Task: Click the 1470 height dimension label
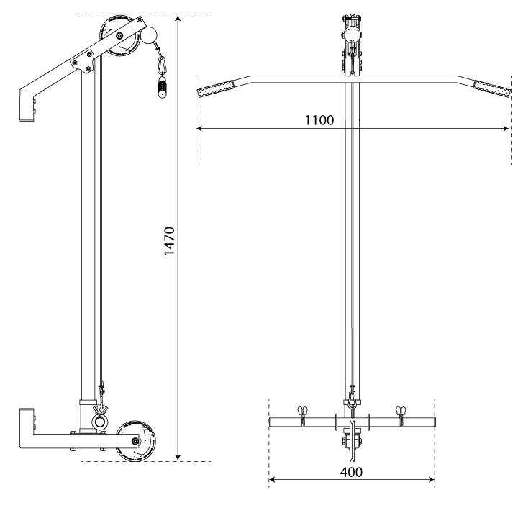click(169, 241)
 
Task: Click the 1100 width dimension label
click(319, 120)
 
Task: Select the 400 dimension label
click(351, 472)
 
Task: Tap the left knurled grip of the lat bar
click(215, 89)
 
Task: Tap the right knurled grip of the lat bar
click(492, 89)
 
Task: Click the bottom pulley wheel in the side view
click(137, 441)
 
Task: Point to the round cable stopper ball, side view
click(149, 35)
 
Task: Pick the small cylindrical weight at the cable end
click(162, 88)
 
